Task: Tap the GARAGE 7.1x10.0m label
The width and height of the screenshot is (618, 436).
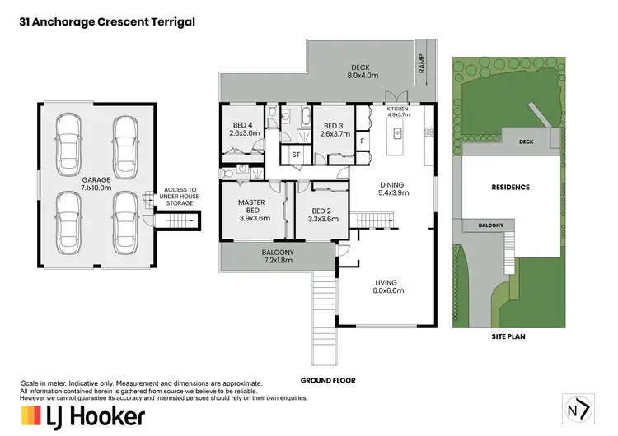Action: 96,183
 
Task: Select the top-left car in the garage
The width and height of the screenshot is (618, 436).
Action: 68,140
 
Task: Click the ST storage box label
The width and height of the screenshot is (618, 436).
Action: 296,154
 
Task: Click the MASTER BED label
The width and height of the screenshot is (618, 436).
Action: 250,211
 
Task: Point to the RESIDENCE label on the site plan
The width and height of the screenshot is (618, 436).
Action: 510,188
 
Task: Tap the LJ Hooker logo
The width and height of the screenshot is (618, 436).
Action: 82,415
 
